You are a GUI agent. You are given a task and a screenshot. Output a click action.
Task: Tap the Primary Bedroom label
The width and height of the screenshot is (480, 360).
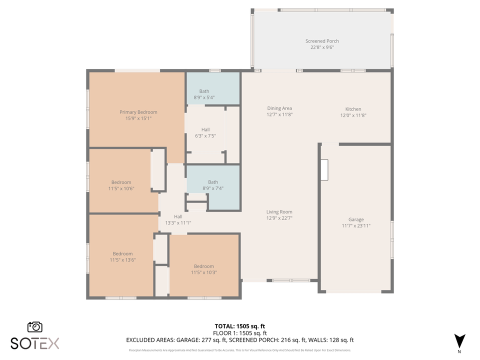tap(138, 112)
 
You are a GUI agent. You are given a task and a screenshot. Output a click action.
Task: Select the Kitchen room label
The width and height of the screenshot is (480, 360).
tap(353, 109)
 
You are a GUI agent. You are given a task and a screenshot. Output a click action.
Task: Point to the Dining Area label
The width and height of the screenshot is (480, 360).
tap(279, 108)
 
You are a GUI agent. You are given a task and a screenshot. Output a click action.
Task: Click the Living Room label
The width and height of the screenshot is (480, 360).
tap(279, 212)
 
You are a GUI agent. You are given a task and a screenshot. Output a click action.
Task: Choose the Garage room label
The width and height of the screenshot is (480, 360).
tap(356, 219)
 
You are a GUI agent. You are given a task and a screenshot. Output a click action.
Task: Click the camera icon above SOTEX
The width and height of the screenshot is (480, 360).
tap(35, 327)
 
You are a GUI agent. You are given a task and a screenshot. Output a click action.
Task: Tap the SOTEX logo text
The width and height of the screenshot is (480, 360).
tap(35, 343)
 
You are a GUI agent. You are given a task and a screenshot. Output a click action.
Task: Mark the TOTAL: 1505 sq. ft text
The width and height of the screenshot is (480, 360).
tap(239, 326)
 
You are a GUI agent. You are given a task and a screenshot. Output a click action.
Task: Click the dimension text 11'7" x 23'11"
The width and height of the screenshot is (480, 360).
tap(356, 225)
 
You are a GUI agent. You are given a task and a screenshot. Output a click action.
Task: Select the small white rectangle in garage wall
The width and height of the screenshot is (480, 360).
tap(324, 170)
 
